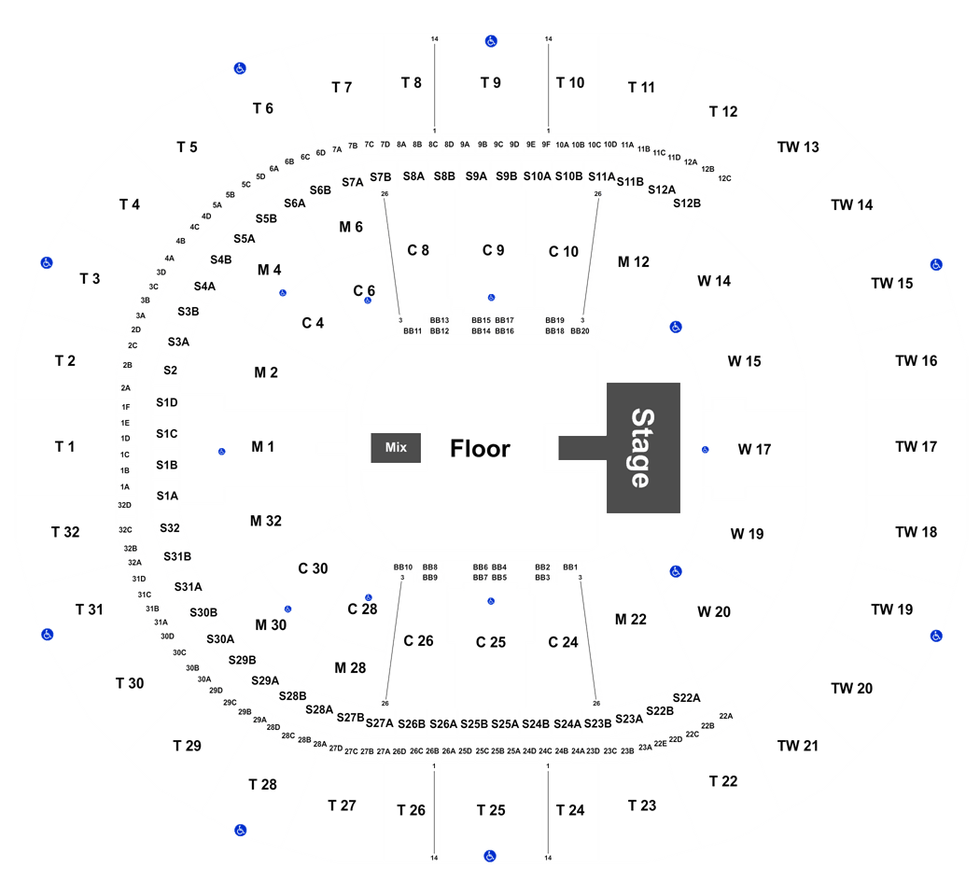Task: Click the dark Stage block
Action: (643, 448)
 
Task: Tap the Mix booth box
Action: (396, 447)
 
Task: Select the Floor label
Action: (480, 449)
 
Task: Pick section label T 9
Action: (491, 82)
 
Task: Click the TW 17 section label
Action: (916, 447)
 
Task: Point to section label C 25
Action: (491, 642)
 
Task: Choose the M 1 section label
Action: (262, 447)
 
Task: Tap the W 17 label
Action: (754, 449)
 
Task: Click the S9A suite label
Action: (476, 176)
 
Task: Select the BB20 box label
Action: (580, 331)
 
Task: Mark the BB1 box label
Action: (570, 567)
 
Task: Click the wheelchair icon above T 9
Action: (491, 41)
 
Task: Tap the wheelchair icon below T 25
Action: (490, 856)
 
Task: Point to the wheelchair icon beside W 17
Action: (705, 450)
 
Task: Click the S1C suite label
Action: (167, 434)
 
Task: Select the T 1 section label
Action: (64, 447)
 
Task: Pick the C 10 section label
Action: (563, 252)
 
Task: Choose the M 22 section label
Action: (631, 619)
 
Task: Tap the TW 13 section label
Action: (798, 147)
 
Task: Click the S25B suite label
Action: (474, 724)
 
